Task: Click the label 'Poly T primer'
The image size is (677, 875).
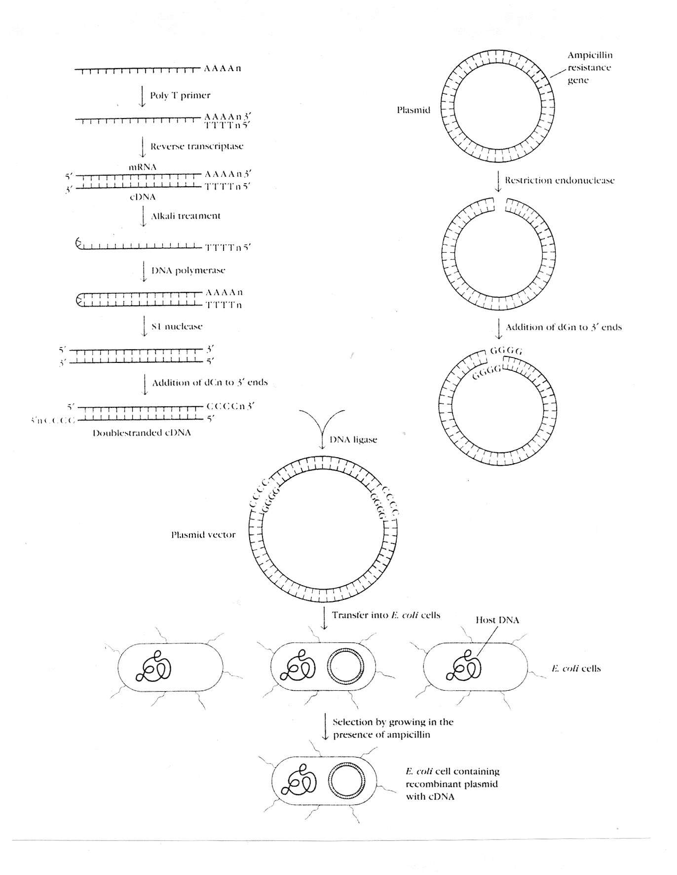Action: [x=180, y=95]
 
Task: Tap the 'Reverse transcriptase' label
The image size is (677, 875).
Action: [x=196, y=146]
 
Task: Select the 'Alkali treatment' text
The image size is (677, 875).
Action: [x=186, y=216]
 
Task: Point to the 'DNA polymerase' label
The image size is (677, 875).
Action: [x=188, y=271]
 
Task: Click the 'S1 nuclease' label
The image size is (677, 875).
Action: [x=177, y=326]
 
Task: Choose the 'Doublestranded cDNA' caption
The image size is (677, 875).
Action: [x=142, y=433]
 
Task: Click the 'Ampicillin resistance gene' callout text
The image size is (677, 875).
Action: [x=589, y=68]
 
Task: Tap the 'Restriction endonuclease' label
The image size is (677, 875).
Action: [x=560, y=180]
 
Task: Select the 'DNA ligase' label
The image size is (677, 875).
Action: [x=353, y=439]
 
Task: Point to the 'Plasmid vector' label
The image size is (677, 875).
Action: [x=203, y=535]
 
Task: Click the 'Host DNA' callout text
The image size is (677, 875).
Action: [x=497, y=620]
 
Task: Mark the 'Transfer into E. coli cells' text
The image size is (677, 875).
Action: [x=386, y=615]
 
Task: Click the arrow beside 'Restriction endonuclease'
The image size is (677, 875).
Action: [x=498, y=181]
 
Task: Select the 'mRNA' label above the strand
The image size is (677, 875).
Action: [x=143, y=167]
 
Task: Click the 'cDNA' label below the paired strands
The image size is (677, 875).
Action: [x=143, y=197]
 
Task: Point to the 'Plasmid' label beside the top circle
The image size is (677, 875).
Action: [x=414, y=110]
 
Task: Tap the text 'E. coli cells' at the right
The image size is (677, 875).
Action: [x=576, y=669]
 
